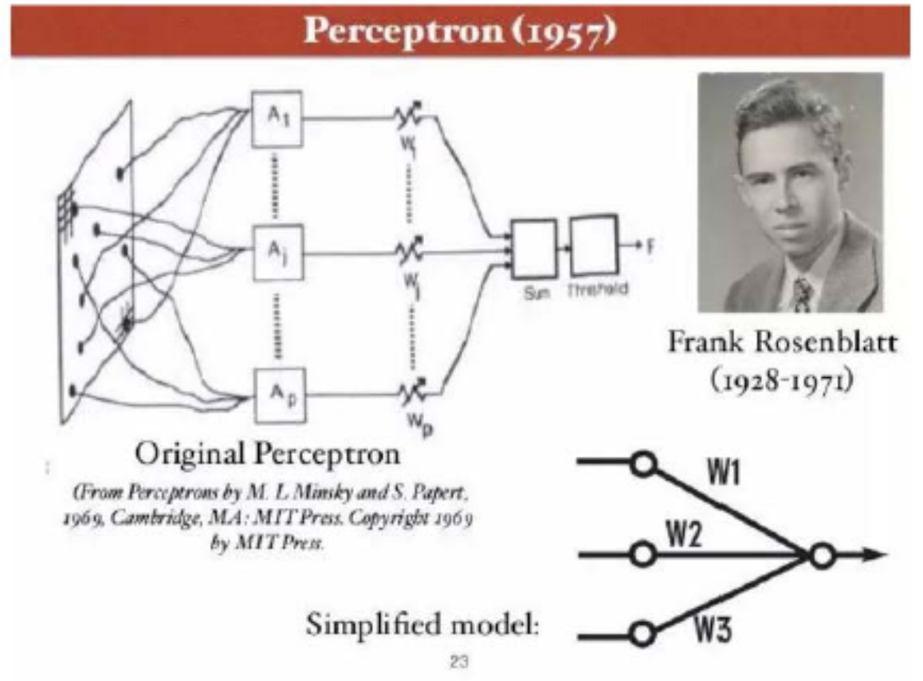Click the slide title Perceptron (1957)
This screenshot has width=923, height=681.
click(x=461, y=31)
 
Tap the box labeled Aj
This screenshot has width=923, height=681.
click(x=276, y=254)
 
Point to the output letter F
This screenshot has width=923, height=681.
click(x=650, y=246)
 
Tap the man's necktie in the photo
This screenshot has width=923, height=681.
click(x=802, y=293)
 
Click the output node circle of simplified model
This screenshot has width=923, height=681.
click(x=822, y=557)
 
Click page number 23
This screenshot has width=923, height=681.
click(x=459, y=660)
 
